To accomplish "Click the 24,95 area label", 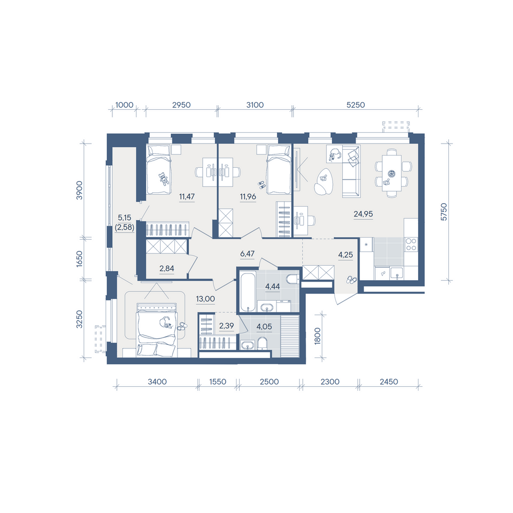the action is coord(363,214).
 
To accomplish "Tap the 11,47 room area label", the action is coord(187,196).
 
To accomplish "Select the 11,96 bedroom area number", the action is coord(248,196).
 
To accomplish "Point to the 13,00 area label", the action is coord(206,299).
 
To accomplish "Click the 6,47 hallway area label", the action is coord(247,253).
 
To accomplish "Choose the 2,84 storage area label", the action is coord(167,269).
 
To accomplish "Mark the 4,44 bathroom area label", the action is coord(272,287).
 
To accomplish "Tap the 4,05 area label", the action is coord(264,326).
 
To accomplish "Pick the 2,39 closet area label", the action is coord(226,326).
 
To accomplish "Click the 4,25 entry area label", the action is coord(345,255).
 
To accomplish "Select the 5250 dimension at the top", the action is coord(356,105).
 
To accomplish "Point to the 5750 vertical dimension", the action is coord(444,212).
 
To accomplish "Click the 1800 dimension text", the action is coord(318,337).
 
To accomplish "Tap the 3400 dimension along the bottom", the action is coord(157,382).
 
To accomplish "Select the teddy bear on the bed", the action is coord(163,179).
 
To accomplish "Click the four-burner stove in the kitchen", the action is coord(411,244).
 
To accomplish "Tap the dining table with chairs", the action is coord(392,173).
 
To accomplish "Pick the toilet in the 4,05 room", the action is coord(262,344).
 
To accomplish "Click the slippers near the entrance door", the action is coord(352,280).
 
